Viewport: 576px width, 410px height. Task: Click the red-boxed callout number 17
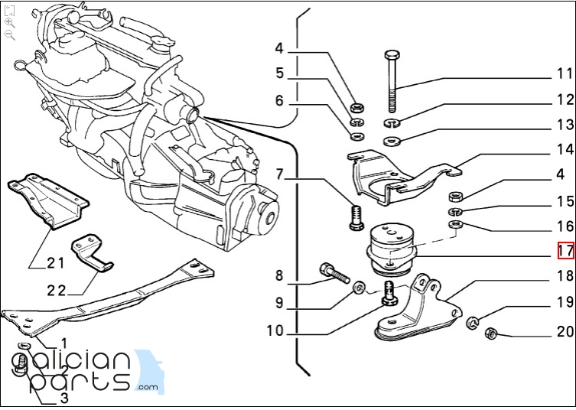(565, 250)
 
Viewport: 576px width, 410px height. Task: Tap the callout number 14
(565, 150)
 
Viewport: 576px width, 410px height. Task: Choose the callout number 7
(280, 175)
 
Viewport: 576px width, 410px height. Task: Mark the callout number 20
(565, 332)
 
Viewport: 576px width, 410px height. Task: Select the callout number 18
(565, 276)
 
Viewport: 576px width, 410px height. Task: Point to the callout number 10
(275, 331)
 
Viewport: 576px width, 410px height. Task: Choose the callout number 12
(565, 99)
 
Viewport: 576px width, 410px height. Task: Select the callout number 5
(280, 74)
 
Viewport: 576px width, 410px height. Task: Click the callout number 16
(565, 226)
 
